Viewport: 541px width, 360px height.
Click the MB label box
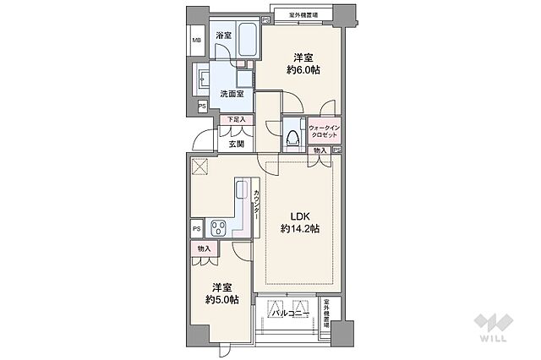pyautogui.click(x=195, y=41)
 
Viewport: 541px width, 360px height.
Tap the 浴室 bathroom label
pyautogui.click(x=223, y=35)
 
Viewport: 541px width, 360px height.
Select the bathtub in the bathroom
pyautogui.click(x=246, y=40)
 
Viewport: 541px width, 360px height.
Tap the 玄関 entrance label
pyautogui.click(x=236, y=144)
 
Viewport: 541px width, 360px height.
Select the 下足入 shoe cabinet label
pyautogui.click(x=236, y=120)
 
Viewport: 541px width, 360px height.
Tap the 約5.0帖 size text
pyautogui.click(x=221, y=299)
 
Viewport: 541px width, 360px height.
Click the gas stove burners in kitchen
pyautogui.click(x=219, y=227)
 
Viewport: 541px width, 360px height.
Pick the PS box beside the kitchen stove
pyautogui.click(x=195, y=228)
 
